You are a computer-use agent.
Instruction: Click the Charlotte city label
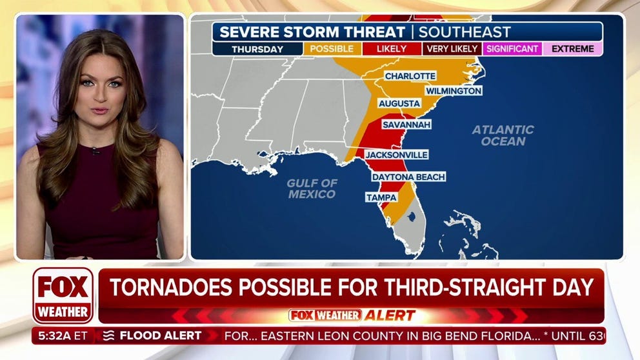(x=410, y=76)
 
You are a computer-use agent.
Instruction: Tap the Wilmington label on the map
(x=453, y=91)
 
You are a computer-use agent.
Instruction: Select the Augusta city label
(x=399, y=103)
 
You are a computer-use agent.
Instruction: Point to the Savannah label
(x=403, y=124)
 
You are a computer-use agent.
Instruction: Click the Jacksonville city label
(x=396, y=155)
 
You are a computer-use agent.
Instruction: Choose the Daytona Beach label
(x=408, y=177)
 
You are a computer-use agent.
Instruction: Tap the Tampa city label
(x=381, y=197)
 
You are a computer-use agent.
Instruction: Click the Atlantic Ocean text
(x=503, y=135)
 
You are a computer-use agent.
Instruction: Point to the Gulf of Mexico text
(x=312, y=188)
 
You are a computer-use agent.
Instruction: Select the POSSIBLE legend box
(x=332, y=49)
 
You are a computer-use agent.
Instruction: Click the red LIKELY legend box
(x=392, y=49)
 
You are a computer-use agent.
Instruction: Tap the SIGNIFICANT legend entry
(x=512, y=49)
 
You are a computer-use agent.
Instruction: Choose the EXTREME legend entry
(x=572, y=49)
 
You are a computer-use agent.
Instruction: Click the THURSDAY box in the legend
(x=257, y=49)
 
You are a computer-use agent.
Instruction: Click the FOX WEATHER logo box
(x=63, y=295)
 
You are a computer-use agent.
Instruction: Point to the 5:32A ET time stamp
(x=63, y=335)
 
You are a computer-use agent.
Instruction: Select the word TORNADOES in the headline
(x=170, y=287)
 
